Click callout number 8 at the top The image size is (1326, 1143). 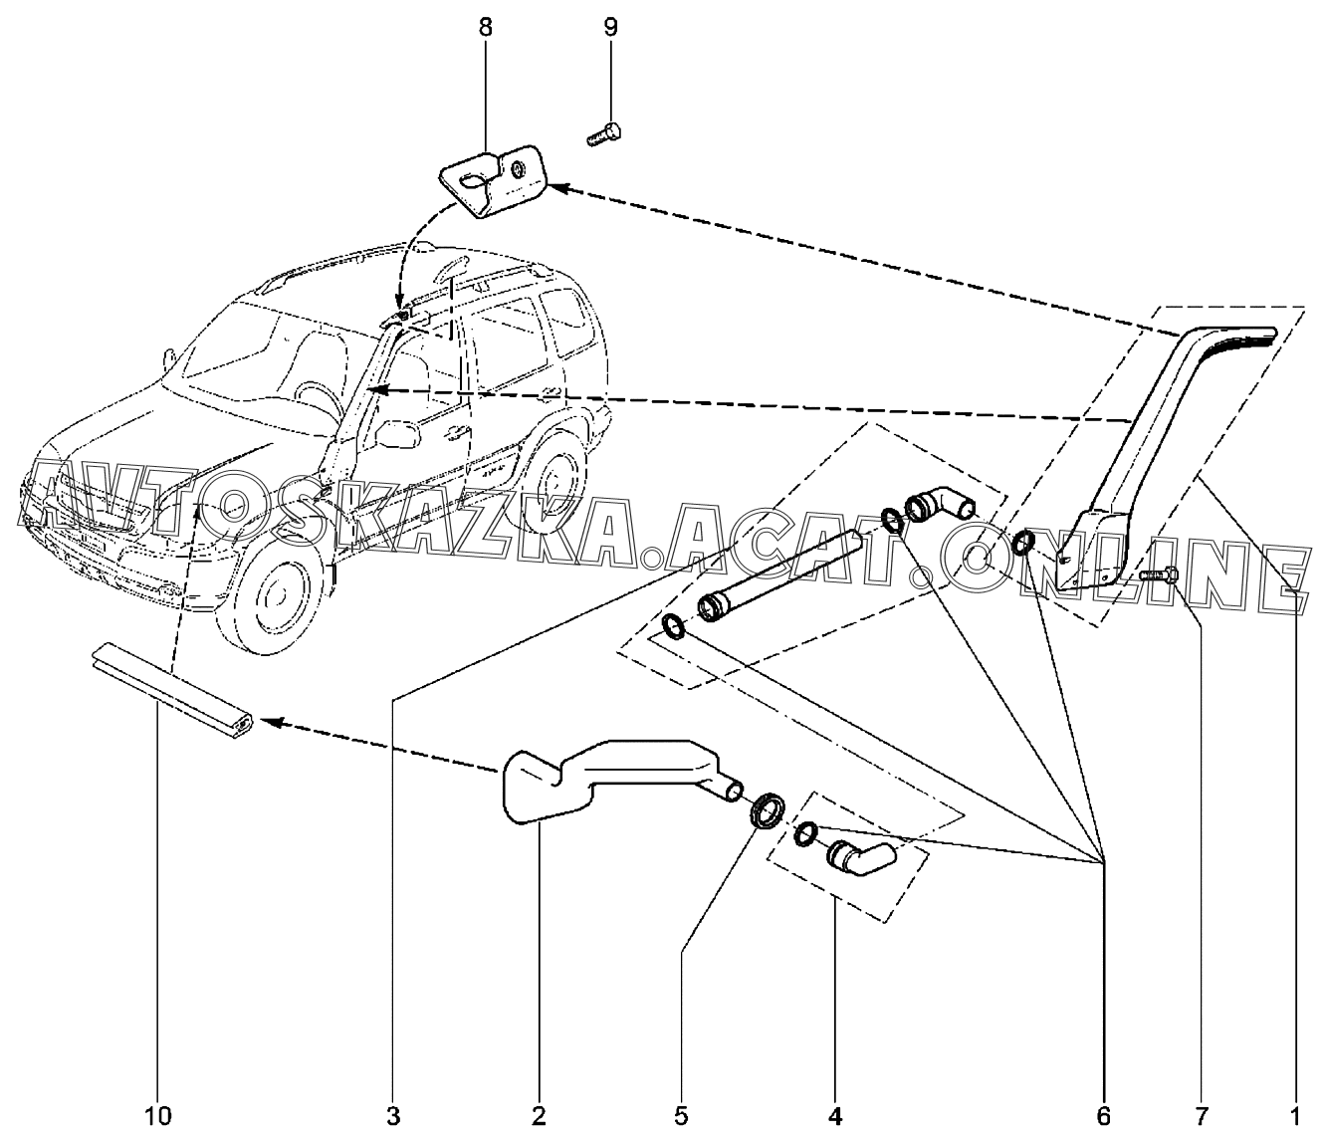click(x=485, y=28)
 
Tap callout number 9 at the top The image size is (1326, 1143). click(x=610, y=28)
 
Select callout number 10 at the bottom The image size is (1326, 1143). click(x=158, y=1117)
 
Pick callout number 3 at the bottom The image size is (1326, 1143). click(x=393, y=1117)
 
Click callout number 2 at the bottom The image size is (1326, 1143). click(x=539, y=1117)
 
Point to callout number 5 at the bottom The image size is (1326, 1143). click(x=681, y=1117)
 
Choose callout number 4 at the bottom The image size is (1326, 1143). click(x=834, y=1117)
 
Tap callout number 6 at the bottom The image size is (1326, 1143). click(x=1103, y=1117)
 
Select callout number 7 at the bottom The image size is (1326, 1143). click(x=1201, y=1117)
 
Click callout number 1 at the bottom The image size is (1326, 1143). click(x=1294, y=1117)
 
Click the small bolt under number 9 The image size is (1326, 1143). click(x=604, y=134)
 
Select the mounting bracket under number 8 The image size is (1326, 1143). click(x=493, y=181)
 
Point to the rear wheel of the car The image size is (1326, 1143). click(x=552, y=481)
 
